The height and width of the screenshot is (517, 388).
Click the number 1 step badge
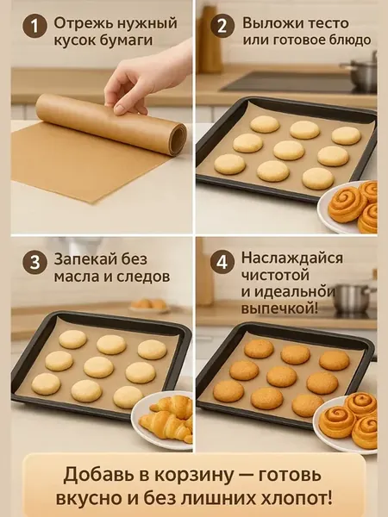pos(34,26)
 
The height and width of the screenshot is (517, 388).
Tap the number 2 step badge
pos(222,26)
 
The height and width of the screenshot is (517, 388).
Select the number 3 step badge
pos(34,263)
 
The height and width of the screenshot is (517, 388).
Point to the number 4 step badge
pos(222,263)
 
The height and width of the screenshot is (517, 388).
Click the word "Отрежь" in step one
pos(78,24)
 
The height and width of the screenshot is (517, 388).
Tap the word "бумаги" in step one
pos(128,40)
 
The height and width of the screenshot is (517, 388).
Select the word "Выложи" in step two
pos(267,23)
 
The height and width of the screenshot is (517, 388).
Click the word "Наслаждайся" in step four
pos(291,258)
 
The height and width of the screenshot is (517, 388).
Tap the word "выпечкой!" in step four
pos(279,308)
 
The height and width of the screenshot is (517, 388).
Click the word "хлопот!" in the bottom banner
pos(297,498)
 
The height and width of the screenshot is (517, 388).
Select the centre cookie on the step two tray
pos(289,150)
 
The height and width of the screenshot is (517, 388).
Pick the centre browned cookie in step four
pos(282,377)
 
